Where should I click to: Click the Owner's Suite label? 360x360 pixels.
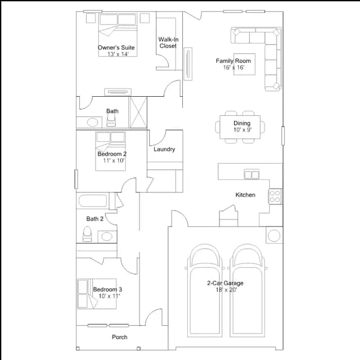coord(116,47)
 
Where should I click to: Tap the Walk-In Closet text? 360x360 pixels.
coord(168,43)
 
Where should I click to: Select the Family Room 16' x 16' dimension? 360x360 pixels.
coord(234,67)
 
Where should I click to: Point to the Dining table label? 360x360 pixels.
coord(242,123)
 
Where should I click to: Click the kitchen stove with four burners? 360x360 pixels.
coord(275,196)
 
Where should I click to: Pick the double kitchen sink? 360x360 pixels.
coord(251,174)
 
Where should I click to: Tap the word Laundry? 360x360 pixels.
coord(164,149)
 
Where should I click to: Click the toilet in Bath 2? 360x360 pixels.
coord(87,234)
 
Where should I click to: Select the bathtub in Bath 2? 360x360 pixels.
coord(92,201)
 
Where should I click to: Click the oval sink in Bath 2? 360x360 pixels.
coord(107,236)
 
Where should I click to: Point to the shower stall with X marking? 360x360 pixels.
coord(138,112)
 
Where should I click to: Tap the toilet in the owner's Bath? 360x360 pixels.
coord(111,120)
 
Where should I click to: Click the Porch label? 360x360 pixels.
coord(120,337)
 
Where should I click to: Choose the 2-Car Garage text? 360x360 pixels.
coord(225,283)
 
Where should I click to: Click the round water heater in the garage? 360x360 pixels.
coord(274,235)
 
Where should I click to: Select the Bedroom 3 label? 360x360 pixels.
coord(107,289)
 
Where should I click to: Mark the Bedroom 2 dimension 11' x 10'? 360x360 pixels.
coord(114,160)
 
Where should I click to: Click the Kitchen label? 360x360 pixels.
coord(245,195)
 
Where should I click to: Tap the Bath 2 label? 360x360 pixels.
coord(95,219)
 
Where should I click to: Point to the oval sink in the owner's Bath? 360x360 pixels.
coord(92,123)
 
